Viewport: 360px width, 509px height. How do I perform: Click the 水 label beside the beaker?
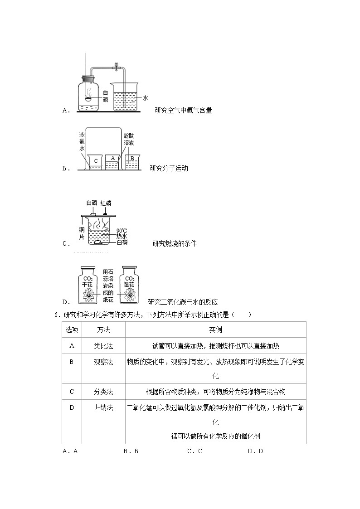(x=146, y=97)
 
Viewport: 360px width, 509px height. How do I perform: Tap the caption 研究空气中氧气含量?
(x=183, y=110)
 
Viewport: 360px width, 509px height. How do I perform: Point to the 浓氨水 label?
(x=82, y=141)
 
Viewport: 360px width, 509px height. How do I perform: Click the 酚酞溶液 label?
(x=129, y=139)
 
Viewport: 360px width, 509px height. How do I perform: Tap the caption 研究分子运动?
(x=169, y=169)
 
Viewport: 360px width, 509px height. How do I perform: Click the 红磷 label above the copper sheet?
(x=106, y=203)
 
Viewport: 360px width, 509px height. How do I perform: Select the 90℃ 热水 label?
(x=122, y=233)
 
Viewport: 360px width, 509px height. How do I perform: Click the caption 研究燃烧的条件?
(x=175, y=243)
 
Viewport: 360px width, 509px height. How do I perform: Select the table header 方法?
(x=103, y=330)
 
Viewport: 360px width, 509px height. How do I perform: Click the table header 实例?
(x=215, y=330)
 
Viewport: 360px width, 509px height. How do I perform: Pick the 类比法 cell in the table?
(x=103, y=346)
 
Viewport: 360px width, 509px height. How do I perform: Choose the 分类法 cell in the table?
(x=103, y=392)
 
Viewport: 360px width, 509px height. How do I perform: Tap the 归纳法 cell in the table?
(x=103, y=408)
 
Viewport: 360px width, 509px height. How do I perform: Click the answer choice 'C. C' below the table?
(x=195, y=451)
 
